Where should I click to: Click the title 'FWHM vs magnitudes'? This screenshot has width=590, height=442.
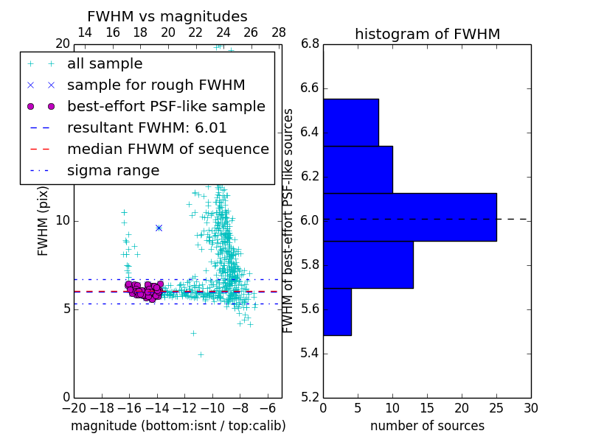[x=167, y=17]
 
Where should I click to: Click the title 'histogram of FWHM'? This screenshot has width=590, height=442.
[x=427, y=34]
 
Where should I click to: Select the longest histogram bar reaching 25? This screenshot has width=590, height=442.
[x=409, y=217]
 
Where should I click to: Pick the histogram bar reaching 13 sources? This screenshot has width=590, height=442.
[x=368, y=264]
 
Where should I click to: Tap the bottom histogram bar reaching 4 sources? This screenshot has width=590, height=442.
[x=337, y=312]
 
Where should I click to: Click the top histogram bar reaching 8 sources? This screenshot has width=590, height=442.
[x=350, y=122]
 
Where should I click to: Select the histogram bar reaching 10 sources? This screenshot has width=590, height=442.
[x=358, y=169]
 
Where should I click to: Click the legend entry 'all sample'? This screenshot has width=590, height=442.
[x=105, y=64]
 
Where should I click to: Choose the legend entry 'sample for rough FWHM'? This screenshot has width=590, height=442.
[x=156, y=85]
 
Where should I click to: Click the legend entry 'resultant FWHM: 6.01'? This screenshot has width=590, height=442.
[x=147, y=128]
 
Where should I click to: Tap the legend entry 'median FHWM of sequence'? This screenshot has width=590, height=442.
[x=167, y=150]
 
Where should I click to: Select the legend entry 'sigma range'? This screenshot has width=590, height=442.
[x=113, y=171]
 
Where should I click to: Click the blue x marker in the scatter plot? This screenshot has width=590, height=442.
[x=159, y=228]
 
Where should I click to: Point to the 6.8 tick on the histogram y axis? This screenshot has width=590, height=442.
[x=310, y=44]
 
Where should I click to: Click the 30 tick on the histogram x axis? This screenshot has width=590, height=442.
[x=530, y=408]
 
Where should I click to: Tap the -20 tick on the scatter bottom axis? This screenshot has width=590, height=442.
[x=74, y=408]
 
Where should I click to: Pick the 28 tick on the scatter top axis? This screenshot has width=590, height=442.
[x=279, y=32]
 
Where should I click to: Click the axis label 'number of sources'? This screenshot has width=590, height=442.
[x=427, y=426]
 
